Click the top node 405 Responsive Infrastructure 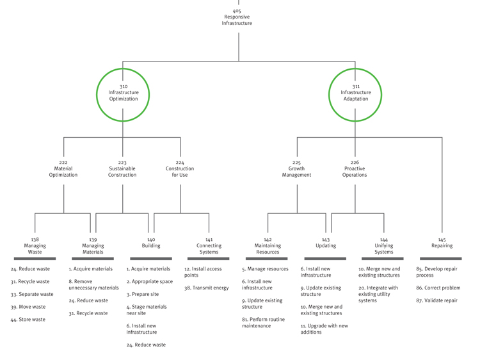point(237,17)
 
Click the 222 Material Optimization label point(63,169)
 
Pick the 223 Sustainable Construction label point(122,169)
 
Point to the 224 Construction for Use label point(180,169)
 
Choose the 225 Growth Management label point(296,169)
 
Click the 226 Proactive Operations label point(355,169)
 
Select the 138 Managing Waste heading point(35,246)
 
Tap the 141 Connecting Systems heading point(209,246)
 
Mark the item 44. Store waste point(28,320)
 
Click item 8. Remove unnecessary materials point(93,285)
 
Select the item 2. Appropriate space point(149,282)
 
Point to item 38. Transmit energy point(206,288)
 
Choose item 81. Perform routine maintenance point(264,323)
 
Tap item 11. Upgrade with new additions point(324,329)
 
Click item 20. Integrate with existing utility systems point(378,294)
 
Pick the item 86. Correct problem point(438,288)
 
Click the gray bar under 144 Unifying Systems point(383,259)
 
